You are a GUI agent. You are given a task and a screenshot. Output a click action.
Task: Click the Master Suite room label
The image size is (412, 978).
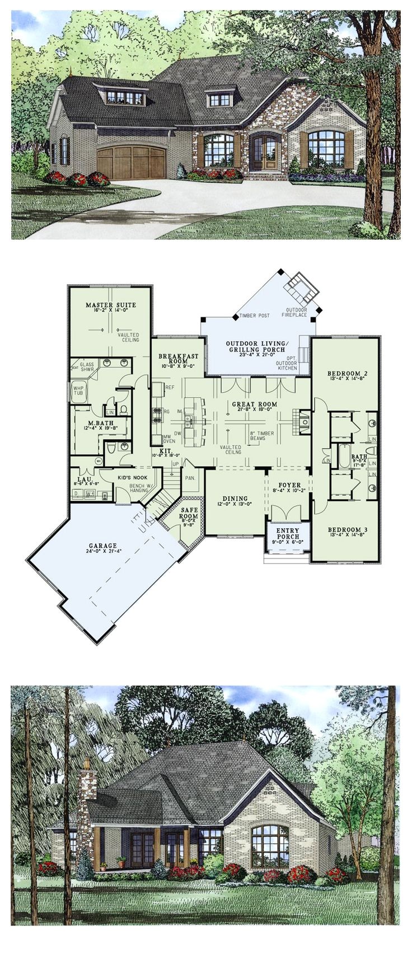[110, 305]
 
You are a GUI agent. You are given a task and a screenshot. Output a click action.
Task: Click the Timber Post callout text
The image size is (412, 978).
[255, 316]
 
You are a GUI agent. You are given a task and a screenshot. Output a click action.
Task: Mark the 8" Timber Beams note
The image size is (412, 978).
[269, 434]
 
